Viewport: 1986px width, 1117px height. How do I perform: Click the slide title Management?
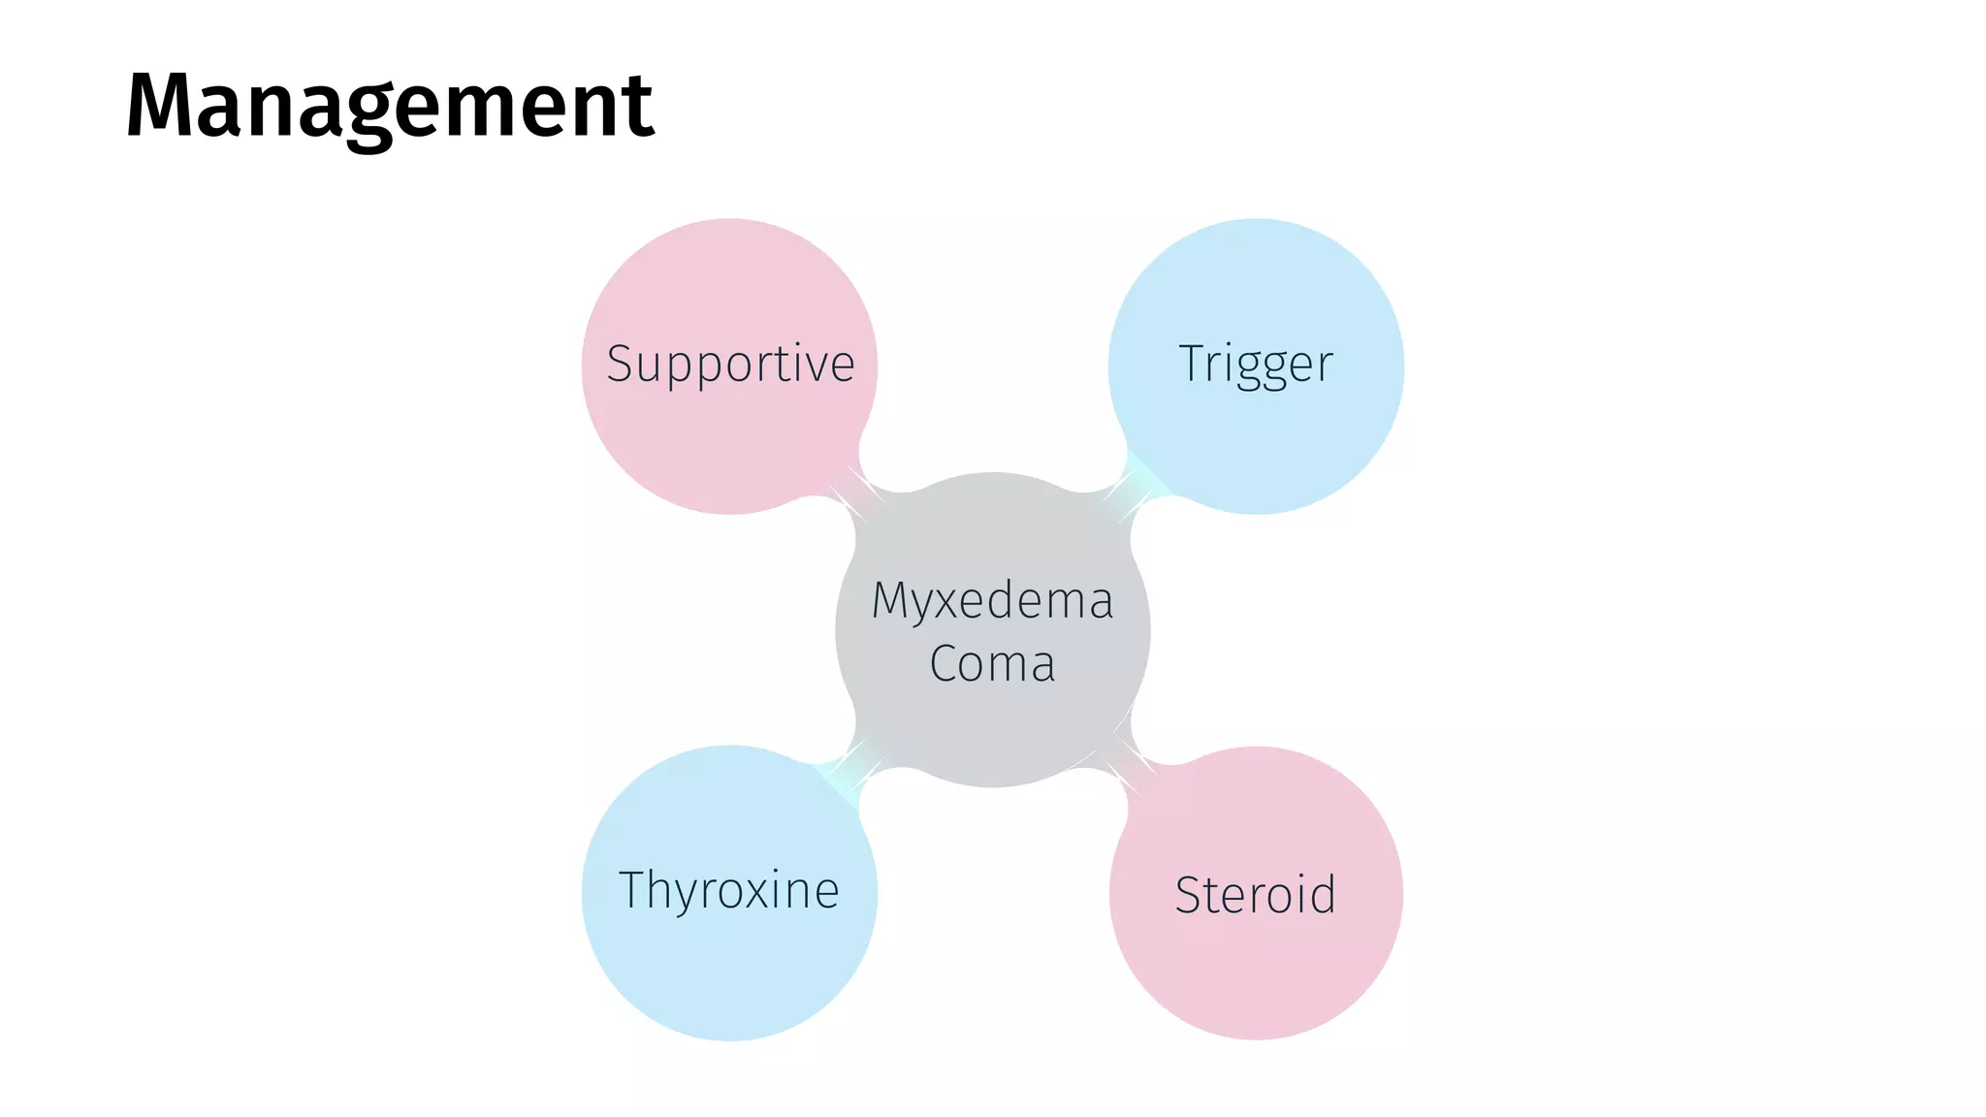[390, 107]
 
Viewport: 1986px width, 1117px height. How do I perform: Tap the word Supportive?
[730, 365]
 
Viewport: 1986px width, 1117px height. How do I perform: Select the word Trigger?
[1256, 365]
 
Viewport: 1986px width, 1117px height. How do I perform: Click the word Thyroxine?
[729, 890]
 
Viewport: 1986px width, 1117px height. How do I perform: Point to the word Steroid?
[1255, 894]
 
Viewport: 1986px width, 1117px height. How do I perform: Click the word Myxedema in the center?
[992, 600]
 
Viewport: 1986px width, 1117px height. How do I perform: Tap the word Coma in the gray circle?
[992, 664]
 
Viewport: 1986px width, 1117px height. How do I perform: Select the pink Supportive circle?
[729, 446]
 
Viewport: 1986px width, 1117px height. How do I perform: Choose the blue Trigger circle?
[1256, 446]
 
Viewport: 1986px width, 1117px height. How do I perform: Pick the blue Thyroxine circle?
[729, 970]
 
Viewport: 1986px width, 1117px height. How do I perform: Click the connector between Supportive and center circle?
[859, 495]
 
